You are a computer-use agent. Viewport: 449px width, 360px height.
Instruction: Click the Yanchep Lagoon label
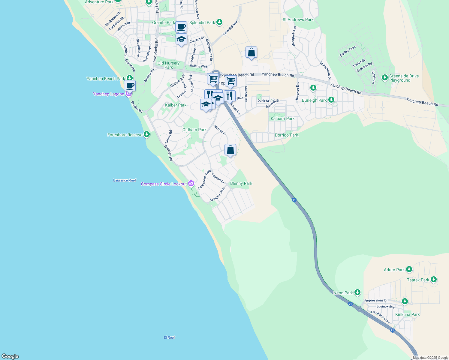click(109, 94)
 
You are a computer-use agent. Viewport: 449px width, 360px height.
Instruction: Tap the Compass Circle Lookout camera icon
click(191, 184)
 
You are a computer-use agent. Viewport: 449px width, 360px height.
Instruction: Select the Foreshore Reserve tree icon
click(147, 134)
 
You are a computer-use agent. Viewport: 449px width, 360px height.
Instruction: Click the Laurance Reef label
click(125, 180)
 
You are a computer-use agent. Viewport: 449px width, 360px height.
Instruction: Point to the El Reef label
click(169, 337)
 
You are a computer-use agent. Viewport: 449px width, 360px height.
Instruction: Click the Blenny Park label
click(241, 183)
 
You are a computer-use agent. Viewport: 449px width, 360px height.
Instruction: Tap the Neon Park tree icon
click(357, 292)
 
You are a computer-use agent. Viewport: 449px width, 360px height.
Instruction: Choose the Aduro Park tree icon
click(409, 269)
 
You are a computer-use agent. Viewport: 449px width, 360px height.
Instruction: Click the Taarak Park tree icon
click(433, 280)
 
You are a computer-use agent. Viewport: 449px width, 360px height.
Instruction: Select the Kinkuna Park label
click(407, 314)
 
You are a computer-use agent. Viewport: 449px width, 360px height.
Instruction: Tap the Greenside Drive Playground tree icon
click(385, 78)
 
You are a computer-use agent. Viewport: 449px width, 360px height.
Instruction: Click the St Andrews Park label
click(298, 19)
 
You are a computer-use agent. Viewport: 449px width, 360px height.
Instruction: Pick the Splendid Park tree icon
click(220, 22)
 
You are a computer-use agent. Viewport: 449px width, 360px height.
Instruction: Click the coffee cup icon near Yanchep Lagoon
click(130, 85)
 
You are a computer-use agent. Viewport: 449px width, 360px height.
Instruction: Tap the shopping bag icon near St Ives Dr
click(230, 150)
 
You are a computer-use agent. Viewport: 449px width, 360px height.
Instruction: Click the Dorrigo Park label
click(286, 135)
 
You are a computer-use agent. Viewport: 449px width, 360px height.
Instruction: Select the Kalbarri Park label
click(282, 118)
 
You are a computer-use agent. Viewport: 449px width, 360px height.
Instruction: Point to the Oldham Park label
click(194, 130)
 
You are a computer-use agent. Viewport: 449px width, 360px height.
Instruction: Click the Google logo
click(10, 356)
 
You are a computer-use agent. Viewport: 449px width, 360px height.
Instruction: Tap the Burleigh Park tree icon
click(331, 100)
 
